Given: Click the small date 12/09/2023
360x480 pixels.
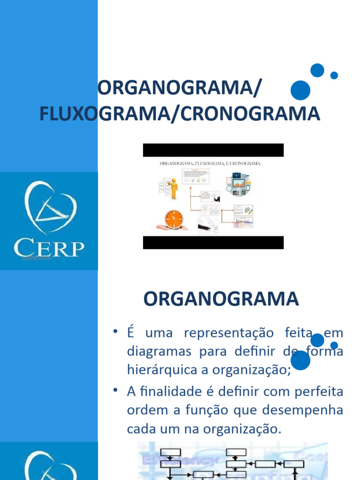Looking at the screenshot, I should coord(36,258).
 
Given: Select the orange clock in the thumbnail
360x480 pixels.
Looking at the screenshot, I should coord(174,218).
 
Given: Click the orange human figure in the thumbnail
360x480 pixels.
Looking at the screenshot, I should coord(174,188).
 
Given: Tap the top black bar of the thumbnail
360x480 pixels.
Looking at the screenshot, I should coord(213,150).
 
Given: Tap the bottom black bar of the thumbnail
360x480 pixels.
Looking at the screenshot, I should coord(213,242).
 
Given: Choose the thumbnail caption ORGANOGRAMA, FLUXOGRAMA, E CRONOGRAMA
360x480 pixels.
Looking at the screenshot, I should coord(210,164).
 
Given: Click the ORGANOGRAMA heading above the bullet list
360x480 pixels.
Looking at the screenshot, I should coord(221,299).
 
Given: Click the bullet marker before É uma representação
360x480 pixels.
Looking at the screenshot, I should coord(115,332).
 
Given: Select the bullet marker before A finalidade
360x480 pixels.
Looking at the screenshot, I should coord(115,390).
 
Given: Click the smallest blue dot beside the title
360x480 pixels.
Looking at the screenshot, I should coord(334,75).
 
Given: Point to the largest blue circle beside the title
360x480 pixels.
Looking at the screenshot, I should coord(300,90).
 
